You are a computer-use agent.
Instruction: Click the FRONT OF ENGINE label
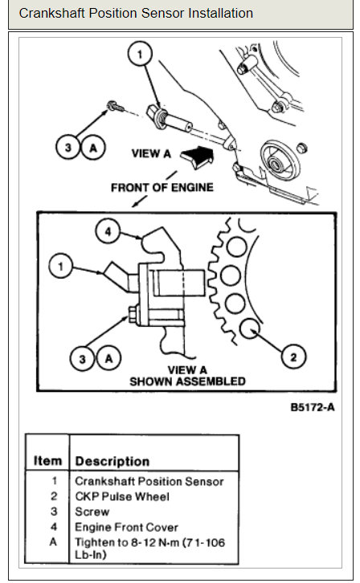pyautogui.click(x=162, y=187)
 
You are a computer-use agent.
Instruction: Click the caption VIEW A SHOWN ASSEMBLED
pyautogui.click(x=187, y=376)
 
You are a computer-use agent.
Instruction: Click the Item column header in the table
pyautogui.click(x=47, y=461)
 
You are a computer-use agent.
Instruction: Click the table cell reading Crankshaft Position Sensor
pyautogui.click(x=149, y=481)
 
